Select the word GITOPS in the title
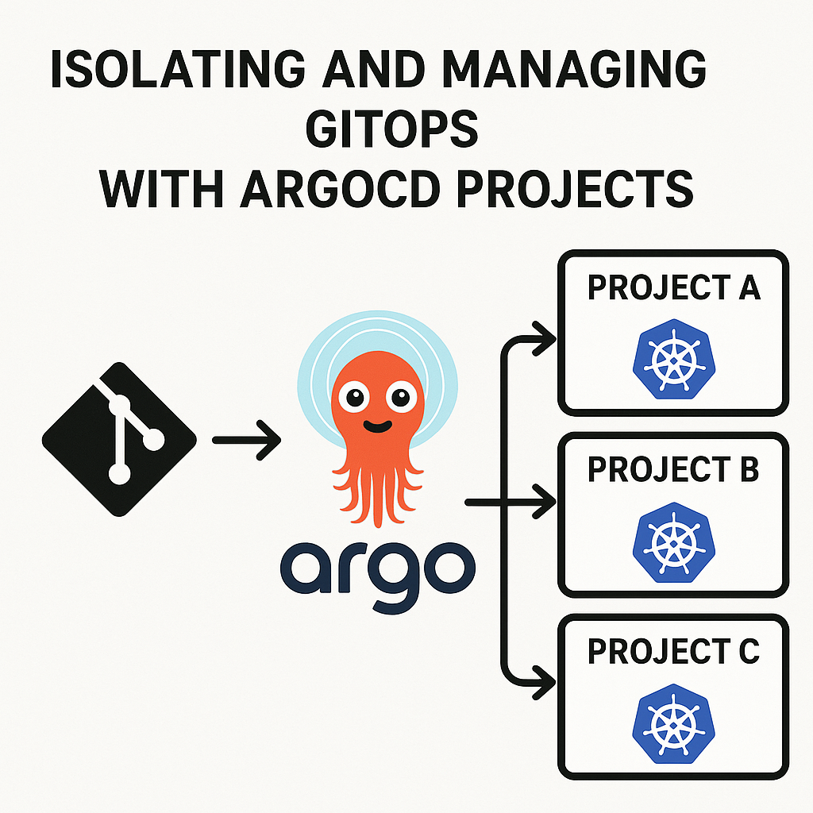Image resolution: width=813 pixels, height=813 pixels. (392, 131)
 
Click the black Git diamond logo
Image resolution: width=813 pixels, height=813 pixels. (119, 438)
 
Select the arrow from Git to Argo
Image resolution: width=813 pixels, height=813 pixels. (247, 439)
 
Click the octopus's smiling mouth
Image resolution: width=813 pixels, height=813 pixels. (376, 426)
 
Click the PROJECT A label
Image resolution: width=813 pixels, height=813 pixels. (673, 288)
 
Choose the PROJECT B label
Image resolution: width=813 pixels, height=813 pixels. (673, 470)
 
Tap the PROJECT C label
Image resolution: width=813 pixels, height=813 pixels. (673, 652)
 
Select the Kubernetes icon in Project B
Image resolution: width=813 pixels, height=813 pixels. (673, 541)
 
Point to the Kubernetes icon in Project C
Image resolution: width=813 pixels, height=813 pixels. (673, 723)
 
